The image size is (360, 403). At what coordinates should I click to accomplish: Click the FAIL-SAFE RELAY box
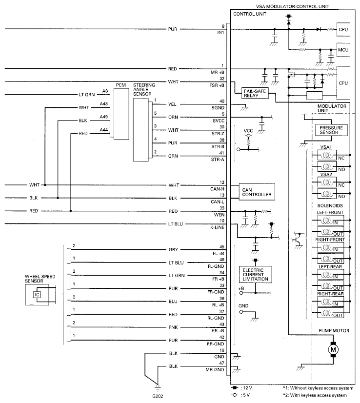tap(255, 93)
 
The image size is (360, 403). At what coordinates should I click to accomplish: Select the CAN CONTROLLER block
tap(257, 192)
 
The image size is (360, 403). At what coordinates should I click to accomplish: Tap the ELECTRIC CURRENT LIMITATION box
tap(256, 275)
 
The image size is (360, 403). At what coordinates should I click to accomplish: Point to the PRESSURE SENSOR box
tap(331, 130)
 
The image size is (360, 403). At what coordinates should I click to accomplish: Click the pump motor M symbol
tap(333, 349)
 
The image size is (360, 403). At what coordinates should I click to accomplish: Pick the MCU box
tap(343, 50)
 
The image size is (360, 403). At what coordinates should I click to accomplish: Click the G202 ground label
tap(158, 396)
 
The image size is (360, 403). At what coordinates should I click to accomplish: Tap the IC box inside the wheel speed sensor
tap(37, 295)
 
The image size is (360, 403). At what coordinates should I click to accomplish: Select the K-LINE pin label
tap(217, 227)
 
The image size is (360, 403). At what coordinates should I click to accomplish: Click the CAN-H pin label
tap(217, 189)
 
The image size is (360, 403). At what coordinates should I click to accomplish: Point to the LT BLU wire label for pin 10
tap(176, 224)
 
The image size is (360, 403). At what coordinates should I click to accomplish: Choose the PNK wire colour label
tap(173, 327)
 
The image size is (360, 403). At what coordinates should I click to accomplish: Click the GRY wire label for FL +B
tap(174, 250)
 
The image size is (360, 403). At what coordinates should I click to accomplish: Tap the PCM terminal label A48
tap(103, 104)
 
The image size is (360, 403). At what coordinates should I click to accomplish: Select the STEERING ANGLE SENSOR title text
tap(144, 89)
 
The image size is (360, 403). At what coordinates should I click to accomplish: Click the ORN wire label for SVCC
tap(173, 117)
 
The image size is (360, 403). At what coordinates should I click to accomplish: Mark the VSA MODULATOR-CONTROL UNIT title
tap(292, 6)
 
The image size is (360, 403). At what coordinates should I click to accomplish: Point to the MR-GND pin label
tap(215, 370)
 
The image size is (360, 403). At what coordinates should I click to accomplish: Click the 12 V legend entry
tap(242, 388)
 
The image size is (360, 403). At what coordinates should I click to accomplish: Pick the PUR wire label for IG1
tap(173, 29)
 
